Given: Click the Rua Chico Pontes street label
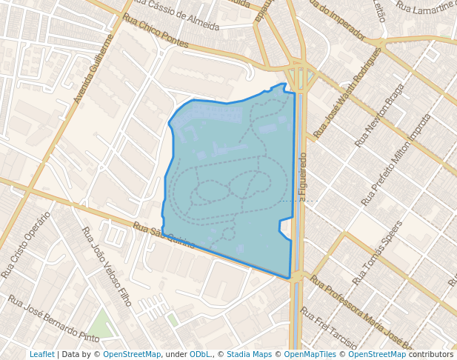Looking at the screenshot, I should (156, 31).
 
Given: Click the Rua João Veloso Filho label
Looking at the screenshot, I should (107, 267).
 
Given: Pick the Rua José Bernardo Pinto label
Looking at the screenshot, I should (53, 319).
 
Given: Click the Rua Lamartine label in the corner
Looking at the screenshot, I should (426, 7).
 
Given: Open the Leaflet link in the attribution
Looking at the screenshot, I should (41, 354).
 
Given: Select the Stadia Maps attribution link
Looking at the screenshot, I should (248, 354).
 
